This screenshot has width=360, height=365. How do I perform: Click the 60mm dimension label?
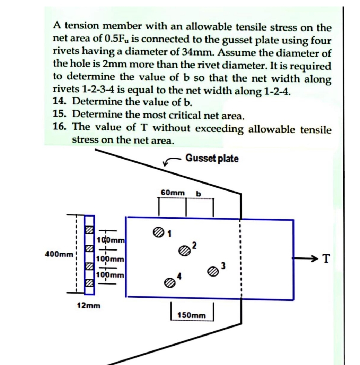point(172,192)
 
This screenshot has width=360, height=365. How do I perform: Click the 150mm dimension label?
point(191,315)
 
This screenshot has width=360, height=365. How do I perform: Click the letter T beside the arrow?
point(325,258)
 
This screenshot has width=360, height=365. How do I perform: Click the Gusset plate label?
point(212,159)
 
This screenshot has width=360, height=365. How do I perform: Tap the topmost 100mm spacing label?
point(108,239)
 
